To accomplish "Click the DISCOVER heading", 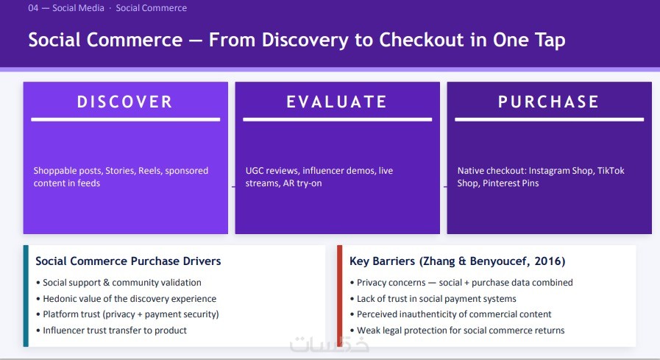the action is tap(125, 102).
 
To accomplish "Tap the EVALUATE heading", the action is tap(337, 102).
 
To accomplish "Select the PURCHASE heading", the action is tap(549, 102).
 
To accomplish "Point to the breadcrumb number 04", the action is tap(33, 8).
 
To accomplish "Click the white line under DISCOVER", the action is tap(125, 119).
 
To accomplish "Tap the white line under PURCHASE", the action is tap(550, 119).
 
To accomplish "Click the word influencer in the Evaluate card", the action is tap(323, 171).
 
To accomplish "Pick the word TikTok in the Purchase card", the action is tap(611, 171).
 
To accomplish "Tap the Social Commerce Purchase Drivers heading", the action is tap(128, 261).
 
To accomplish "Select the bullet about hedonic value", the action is tap(127, 298).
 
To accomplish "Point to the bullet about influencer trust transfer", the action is tap(112, 331).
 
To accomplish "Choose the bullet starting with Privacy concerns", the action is tap(461, 283).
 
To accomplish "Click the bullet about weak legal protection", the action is tap(457, 331).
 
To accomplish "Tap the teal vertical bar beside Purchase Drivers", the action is tap(26, 296).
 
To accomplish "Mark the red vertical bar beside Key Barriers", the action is tap(340, 296).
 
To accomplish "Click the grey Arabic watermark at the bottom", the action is tap(329, 345).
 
